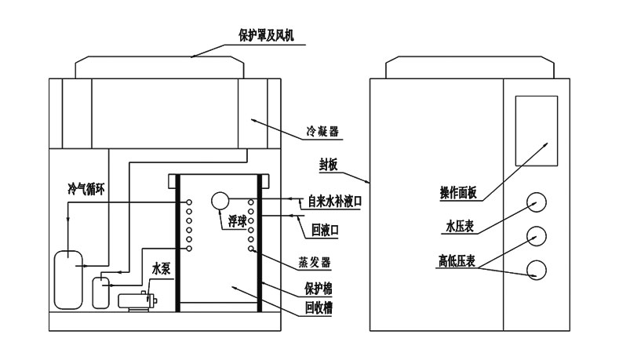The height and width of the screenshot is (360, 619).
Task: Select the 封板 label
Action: click(x=331, y=165)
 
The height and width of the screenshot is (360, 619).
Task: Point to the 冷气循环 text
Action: click(x=87, y=189)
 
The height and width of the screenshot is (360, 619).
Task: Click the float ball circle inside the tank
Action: click(x=220, y=202)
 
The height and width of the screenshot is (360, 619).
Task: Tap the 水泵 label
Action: click(x=161, y=268)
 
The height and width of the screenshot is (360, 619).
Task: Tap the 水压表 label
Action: click(x=461, y=228)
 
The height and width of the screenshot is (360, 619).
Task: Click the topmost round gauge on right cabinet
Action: click(x=537, y=202)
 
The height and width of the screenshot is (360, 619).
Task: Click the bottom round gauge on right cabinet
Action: click(x=537, y=270)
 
